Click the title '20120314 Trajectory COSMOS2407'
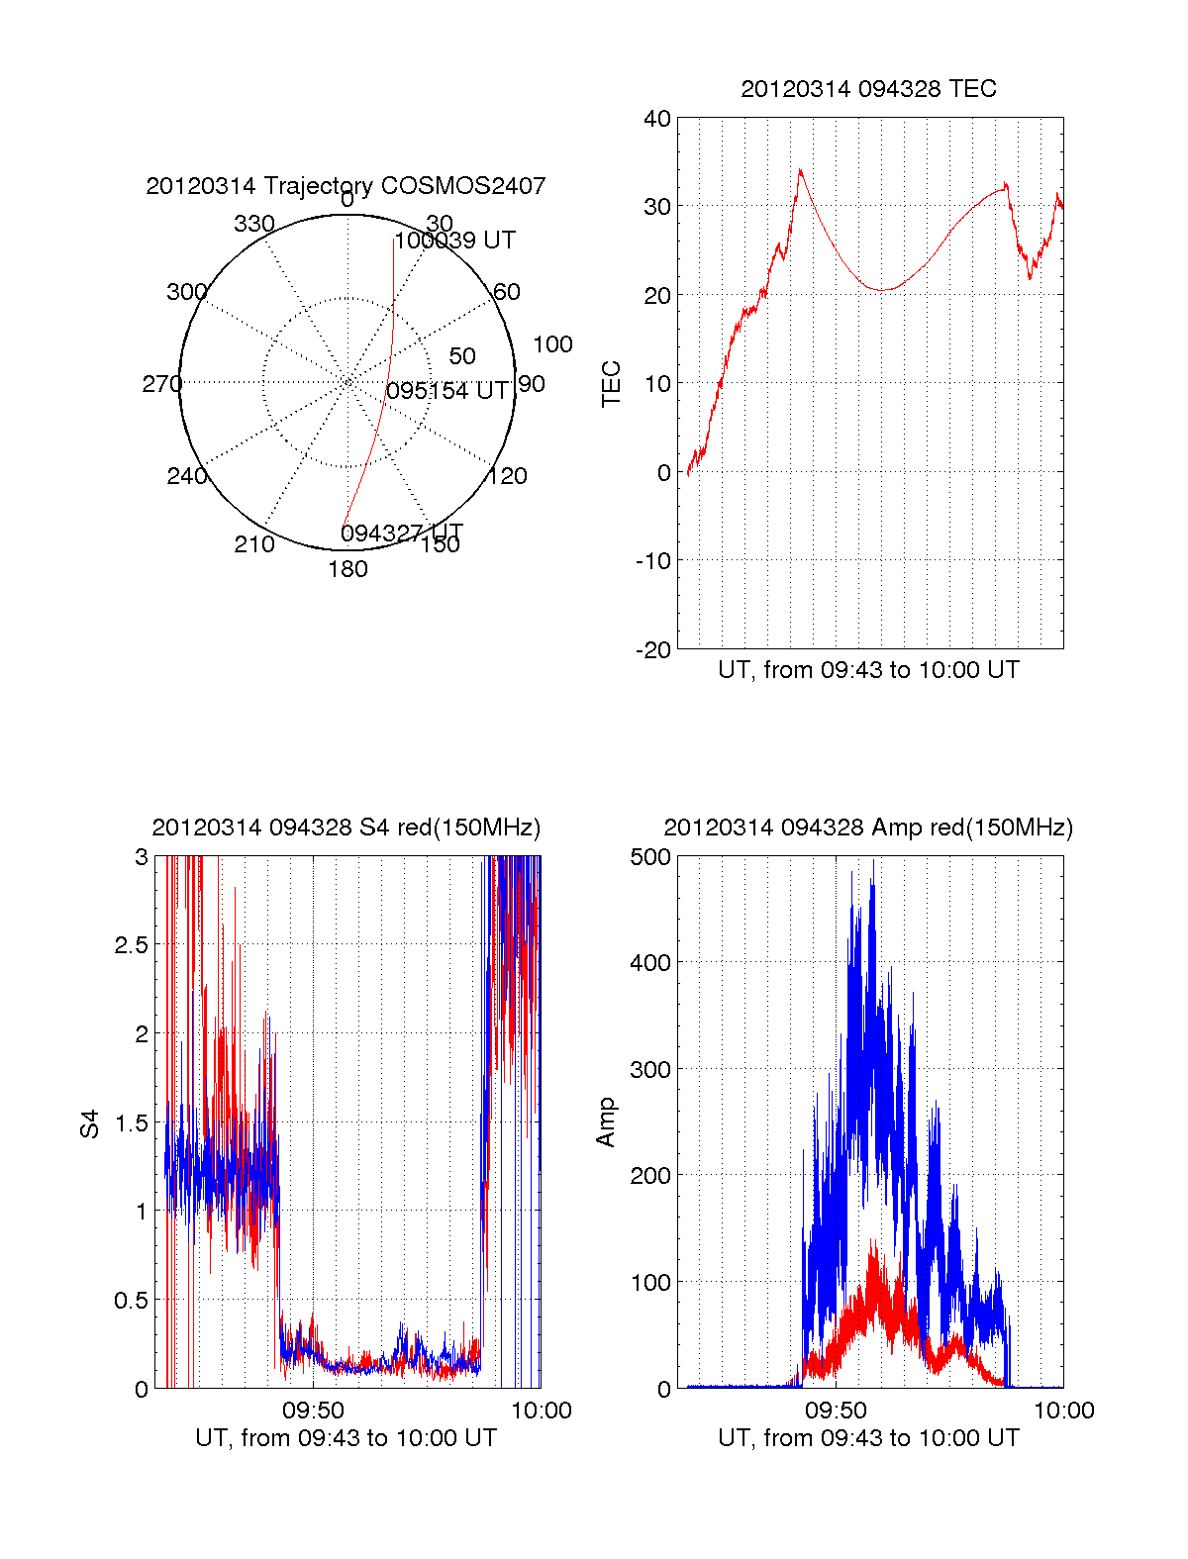346,186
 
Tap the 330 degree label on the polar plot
253,224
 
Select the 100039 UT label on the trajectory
454,241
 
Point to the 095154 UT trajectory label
447,391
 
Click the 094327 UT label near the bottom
402,534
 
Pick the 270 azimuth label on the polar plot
161,384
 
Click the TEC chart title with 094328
868,89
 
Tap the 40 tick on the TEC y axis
657,119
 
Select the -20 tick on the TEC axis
653,650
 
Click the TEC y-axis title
612,384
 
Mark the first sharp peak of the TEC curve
800,170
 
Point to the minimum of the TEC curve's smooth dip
884,290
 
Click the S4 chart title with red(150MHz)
346,828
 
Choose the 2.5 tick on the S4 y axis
132,945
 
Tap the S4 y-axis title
90,1123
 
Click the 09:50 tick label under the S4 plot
313,1411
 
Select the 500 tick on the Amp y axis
650,857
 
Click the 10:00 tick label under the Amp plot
1064,1411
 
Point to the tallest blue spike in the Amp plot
872,861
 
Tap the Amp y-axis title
606,1121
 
